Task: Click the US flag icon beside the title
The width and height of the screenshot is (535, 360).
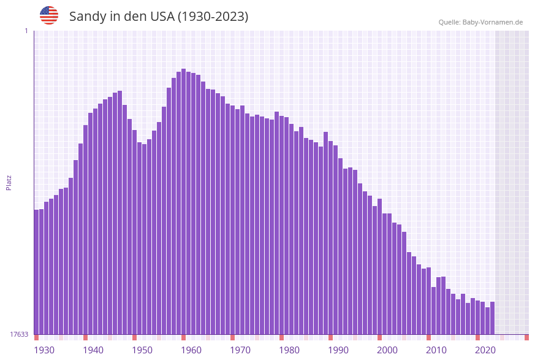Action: (49, 15)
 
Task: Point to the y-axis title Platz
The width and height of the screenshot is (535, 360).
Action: (9, 182)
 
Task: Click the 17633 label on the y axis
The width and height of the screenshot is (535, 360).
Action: (19, 334)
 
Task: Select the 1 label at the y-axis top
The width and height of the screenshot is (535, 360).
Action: (26, 31)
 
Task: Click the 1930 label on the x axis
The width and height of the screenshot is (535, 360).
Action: (44, 350)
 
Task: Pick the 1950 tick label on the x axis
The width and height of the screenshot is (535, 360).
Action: (142, 350)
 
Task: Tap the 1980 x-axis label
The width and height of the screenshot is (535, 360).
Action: (289, 350)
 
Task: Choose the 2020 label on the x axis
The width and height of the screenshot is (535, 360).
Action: (485, 350)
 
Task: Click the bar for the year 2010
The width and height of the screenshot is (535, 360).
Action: (429, 301)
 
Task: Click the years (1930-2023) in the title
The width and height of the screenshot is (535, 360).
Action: (213, 17)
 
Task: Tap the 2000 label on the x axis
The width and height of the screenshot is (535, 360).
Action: (387, 350)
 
